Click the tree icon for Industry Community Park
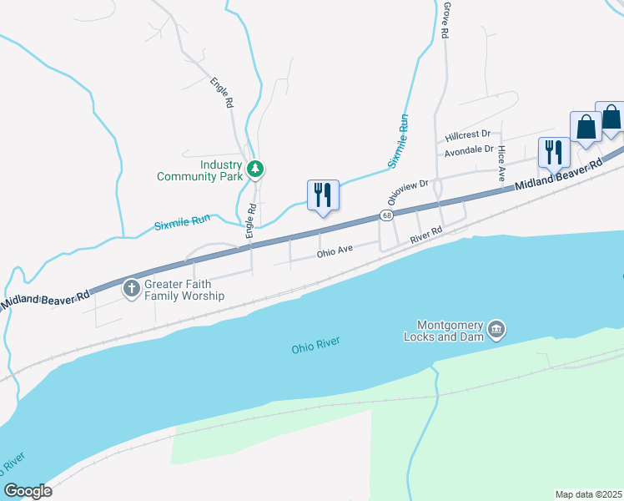point(255,170)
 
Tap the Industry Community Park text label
point(198,170)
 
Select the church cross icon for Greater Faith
point(131,289)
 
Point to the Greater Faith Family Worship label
point(184,290)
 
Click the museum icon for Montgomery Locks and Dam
point(497,326)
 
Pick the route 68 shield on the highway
point(387,215)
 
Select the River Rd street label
point(425,236)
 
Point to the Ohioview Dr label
point(408,192)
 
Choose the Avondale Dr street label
point(469,150)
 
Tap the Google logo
point(28,490)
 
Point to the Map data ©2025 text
point(588,493)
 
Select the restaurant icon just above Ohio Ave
point(323,195)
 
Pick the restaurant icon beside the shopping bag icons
point(553,152)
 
